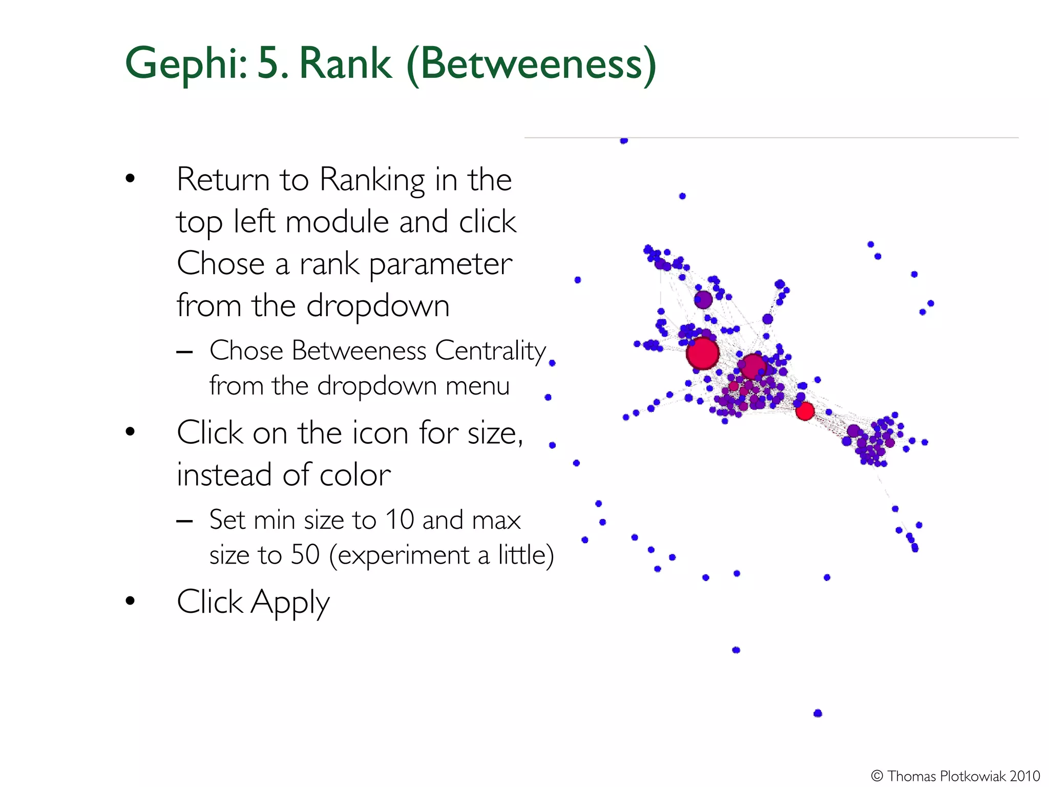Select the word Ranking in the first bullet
pos(372,180)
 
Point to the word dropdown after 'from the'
pos(377,306)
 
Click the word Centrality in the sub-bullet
pos(490,351)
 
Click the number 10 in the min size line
pos(399,520)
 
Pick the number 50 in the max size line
pos(305,555)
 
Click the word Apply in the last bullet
pos(289,602)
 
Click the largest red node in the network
pos(703,353)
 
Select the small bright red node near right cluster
pos(805,411)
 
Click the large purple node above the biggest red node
pos(703,299)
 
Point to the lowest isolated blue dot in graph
pos(817,713)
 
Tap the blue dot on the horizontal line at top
pos(623,140)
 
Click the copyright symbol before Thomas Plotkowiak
pos(876,776)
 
